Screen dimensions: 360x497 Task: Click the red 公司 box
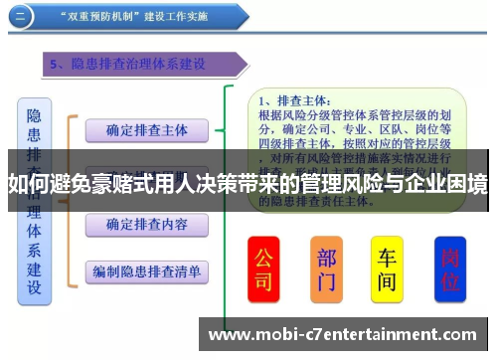[x=263, y=270]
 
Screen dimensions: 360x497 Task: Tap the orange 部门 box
[x=326, y=270]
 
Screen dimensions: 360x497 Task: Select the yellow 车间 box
[x=387, y=270]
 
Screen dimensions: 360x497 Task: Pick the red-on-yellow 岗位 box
[x=450, y=270]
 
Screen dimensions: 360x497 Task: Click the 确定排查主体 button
[x=146, y=130]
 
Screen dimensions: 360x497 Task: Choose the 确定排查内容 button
[x=146, y=225]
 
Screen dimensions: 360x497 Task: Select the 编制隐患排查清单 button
[x=146, y=270]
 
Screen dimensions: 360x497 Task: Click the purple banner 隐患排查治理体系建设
[x=139, y=65]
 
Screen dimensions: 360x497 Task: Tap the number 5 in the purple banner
[x=56, y=65]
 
